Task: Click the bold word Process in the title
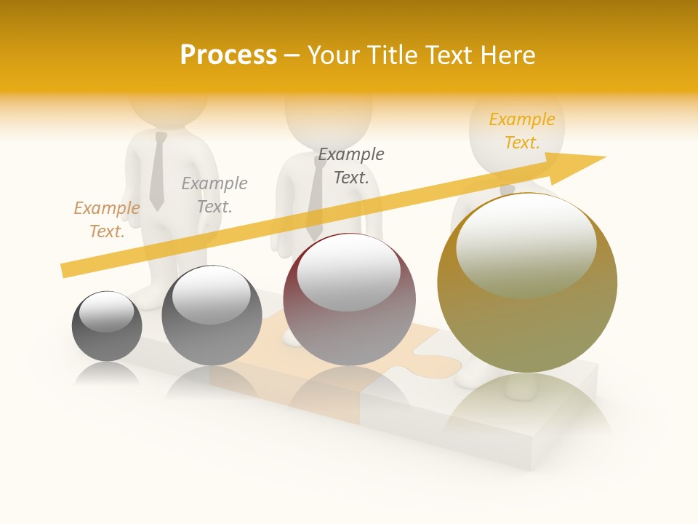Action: tap(228, 55)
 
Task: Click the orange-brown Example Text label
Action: tap(107, 220)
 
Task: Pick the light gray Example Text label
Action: tap(214, 195)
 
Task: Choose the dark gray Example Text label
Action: tap(351, 166)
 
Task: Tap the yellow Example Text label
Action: tap(522, 131)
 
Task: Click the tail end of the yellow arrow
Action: tap(67, 269)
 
